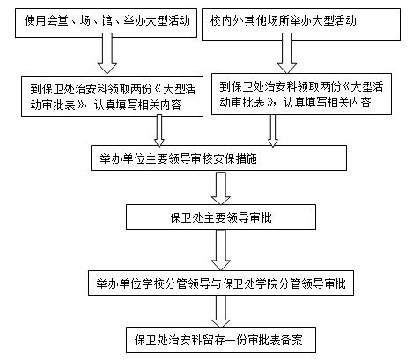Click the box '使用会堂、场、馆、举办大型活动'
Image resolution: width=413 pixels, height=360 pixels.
click(106, 23)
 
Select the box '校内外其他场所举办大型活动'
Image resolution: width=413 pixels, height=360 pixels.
click(301, 25)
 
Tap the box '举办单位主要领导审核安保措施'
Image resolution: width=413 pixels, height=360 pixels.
click(218, 158)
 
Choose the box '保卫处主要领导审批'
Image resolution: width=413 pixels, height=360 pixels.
click(221, 217)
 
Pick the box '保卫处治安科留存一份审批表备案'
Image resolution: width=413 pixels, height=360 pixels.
click(221, 340)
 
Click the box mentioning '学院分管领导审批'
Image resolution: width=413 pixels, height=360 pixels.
click(221, 283)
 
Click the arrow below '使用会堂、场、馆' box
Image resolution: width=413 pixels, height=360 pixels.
click(107, 53)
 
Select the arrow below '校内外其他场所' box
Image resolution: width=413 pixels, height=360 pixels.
click(287, 53)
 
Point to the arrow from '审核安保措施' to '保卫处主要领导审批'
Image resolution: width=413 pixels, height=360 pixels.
click(221, 188)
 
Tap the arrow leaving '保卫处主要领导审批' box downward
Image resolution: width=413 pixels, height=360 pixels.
click(221, 250)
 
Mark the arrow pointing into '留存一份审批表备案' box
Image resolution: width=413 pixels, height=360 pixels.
click(221, 312)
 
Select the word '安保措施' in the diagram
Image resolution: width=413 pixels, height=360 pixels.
click(235, 158)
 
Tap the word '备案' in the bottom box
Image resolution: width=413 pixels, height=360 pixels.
click(291, 340)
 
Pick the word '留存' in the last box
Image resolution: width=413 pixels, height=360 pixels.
click(214, 340)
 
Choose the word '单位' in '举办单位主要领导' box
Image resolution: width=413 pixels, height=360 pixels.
click(134, 158)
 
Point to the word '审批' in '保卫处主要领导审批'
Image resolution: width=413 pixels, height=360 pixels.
click(261, 217)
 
